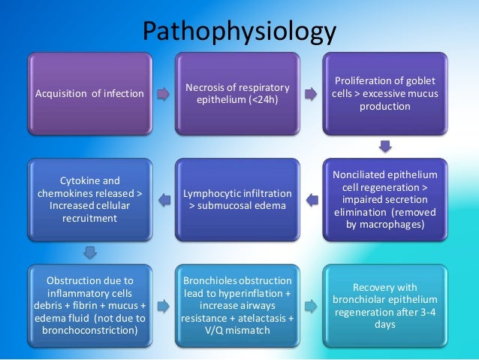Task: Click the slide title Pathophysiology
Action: tap(239, 32)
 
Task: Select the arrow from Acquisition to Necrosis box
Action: tap(164, 94)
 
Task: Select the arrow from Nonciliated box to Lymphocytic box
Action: tap(309, 199)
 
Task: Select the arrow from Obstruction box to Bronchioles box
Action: tap(164, 306)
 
